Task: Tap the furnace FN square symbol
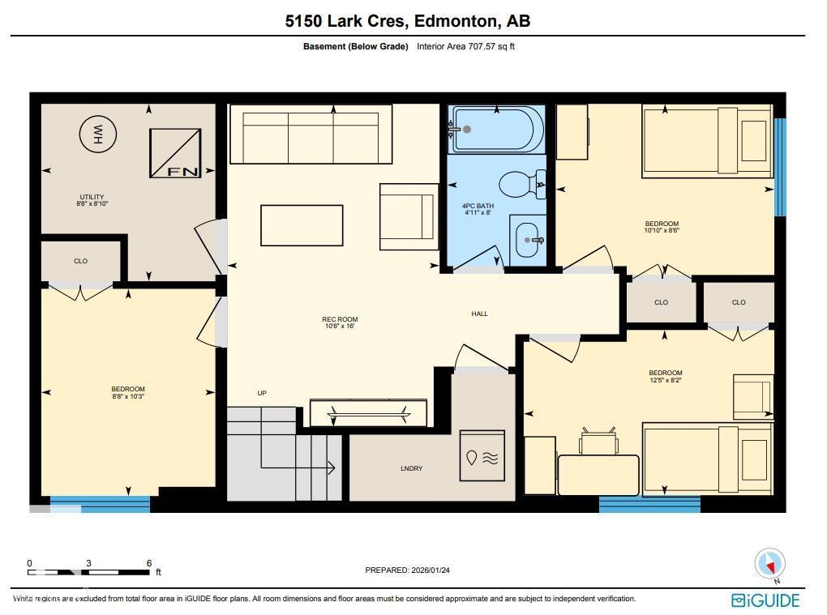pos(175,152)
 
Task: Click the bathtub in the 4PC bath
pos(496,129)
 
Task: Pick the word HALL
pos(480,314)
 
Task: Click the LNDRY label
pos(411,469)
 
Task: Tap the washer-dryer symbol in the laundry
pos(482,458)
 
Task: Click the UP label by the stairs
pos(262,393)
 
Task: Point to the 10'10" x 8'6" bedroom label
pos(662,227)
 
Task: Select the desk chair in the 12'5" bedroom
pos(598,442)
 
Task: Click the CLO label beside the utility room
pos(80,261)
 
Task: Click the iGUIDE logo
pos(765,600)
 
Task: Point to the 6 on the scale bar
pos(149,563)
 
